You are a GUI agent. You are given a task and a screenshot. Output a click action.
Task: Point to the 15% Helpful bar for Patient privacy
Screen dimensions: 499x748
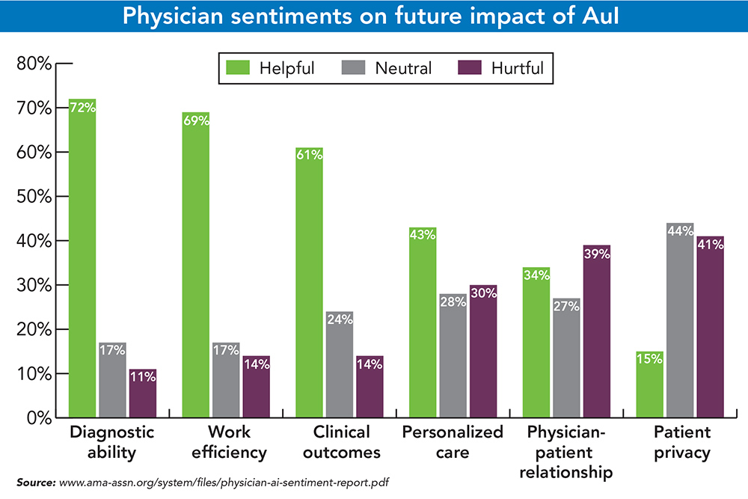coord(649,385)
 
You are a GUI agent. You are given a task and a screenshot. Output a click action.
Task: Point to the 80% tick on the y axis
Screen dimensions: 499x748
coord(34,64)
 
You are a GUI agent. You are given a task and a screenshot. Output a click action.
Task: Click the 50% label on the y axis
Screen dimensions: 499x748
coord(34,197)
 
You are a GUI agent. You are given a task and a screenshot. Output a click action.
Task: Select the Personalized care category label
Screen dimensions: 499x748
coord(453,442)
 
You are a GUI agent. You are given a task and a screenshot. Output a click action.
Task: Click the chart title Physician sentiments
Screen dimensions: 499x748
coord(373,15)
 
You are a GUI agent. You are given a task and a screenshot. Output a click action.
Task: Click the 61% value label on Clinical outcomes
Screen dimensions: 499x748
coord(309,155)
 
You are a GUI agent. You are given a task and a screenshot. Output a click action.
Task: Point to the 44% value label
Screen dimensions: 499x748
coord(680,230)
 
